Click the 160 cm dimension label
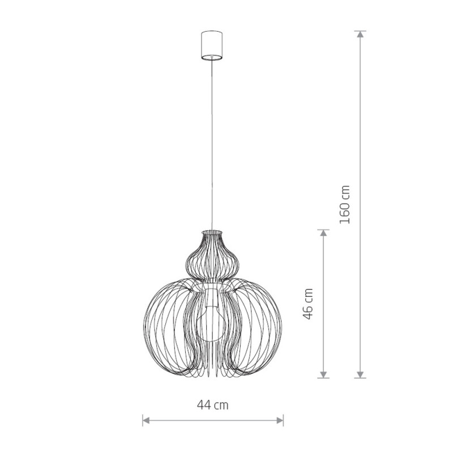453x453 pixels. tap(345, 204)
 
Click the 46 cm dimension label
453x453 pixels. tap(308, 304)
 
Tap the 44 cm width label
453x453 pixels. tap(213, 405)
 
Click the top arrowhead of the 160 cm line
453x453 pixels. tap(360, 34)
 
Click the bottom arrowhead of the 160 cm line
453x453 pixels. tap(360, 374)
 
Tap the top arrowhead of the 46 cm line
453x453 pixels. tap(323, 233)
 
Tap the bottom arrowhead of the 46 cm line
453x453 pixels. tap(323, 374)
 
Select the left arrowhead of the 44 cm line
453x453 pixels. tap(146, 420)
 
